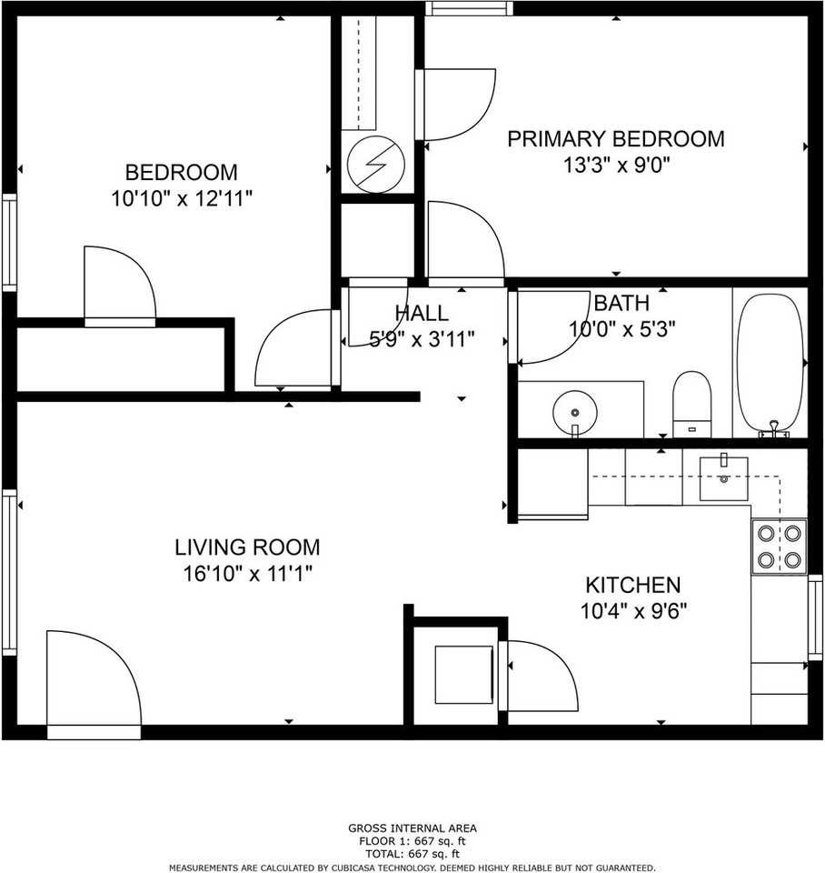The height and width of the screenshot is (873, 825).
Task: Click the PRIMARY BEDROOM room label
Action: pyautogui.click(x=616, y=139)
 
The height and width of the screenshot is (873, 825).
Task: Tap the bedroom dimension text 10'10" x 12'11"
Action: pyautogui.click(x=182, y=198)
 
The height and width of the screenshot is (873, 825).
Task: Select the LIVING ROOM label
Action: pyautogui.click(x=247, y=547)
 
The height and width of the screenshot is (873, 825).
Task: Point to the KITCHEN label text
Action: pyautogui.click(x=633, y=585)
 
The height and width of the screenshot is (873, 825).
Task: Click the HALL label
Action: pyautogui.click(x=422, y=314)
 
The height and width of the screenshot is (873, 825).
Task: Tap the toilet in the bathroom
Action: pyautogui.click(x=692, y=405)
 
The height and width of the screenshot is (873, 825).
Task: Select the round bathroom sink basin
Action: pyautogui.click(x=574, y=413)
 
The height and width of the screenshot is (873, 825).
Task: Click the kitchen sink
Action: pyautogui.click(x=724, y=478)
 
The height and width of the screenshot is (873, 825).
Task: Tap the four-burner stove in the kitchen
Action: pyautogui.click(x=780, y=547)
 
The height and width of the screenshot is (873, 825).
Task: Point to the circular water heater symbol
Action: pyautogui.click(x=375, y=164)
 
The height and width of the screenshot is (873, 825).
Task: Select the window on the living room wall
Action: pyautogui.click(x=9, y=573)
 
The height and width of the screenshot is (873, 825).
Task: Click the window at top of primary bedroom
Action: pyautogui.click(x=469, y=8)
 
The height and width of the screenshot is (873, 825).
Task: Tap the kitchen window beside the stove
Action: pyautogui.click(x=815, y=617)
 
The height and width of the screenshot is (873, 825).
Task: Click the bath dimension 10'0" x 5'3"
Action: pyautogui.click(x=621, y=329)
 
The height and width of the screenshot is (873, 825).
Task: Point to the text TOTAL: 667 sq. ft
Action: pyautogui.click(x=412, y=854)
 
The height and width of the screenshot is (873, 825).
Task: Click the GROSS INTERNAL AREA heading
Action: pyautogui.click(x=412, y=828)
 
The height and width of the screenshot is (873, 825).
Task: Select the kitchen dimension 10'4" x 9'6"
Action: pyautogui.click(x=633, y=612)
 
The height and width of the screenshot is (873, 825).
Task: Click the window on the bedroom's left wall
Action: pyautogui.click(x=9, y=242)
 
